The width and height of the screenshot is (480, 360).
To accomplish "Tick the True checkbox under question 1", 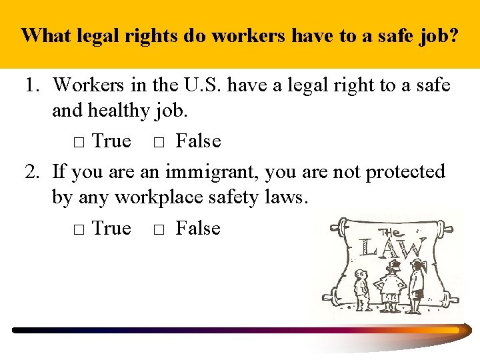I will click(77, 143).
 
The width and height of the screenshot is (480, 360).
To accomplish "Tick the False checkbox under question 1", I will click(159, 143).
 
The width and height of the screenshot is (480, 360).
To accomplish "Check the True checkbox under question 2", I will click(77, 230).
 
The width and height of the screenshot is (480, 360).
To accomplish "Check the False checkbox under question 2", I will click(159, 230).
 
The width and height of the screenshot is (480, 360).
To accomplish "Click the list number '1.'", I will click(34, 85).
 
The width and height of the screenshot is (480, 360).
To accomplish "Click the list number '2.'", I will click(34, 172).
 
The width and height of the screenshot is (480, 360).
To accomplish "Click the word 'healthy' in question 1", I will click(119, 111).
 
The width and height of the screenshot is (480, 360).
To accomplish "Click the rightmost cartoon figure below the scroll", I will click(417, 285).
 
